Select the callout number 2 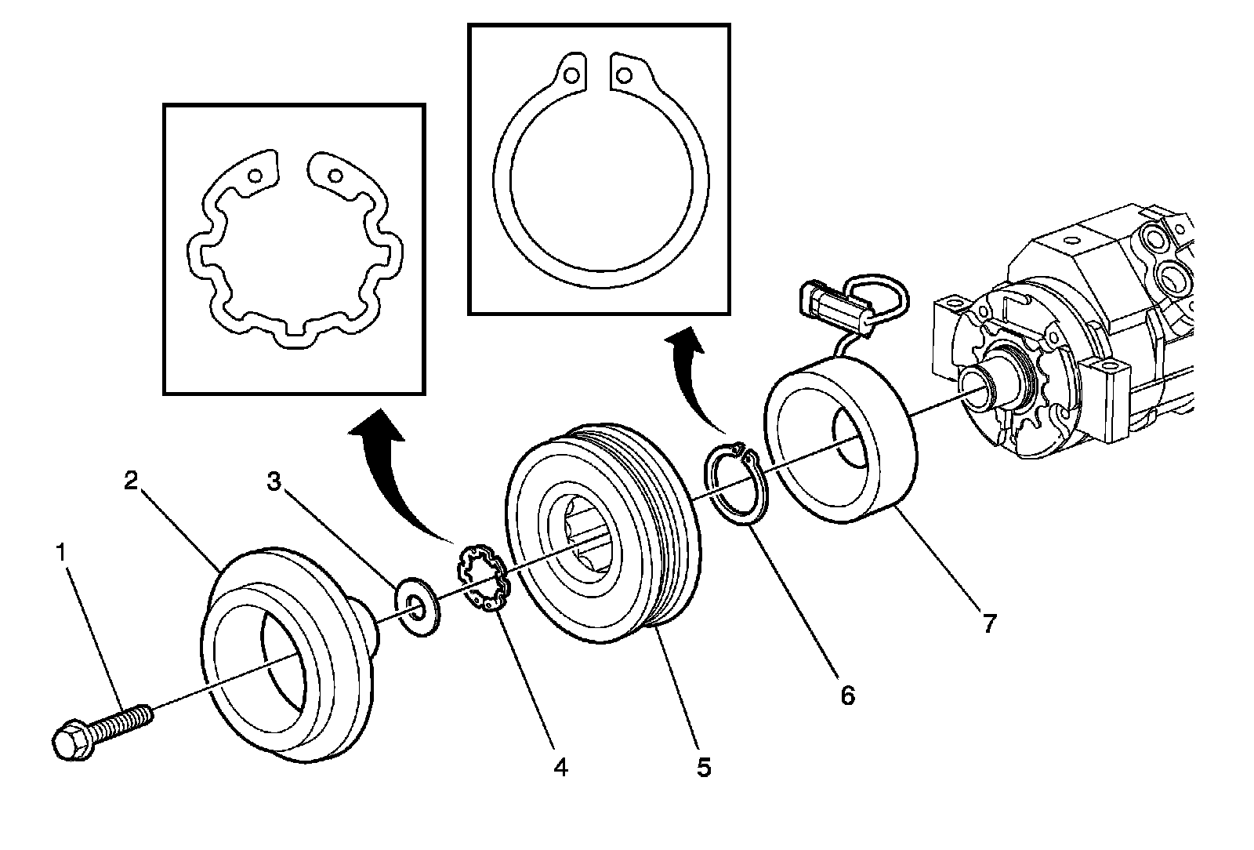click(x=131, y=480)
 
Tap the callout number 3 click(x=274, y=481)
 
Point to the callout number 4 click(x=560, y=766)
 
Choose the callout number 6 click(x=847, y=694)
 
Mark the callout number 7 click(x=989, y=623)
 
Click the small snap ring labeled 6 click(x=737, y=486)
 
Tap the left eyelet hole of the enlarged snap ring click(x=572, y=75)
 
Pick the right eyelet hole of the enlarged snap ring click(x=624, y=75)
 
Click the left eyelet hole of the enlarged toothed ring click(x=256, y=175)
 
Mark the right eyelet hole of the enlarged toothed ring click(x=335, y=175)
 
